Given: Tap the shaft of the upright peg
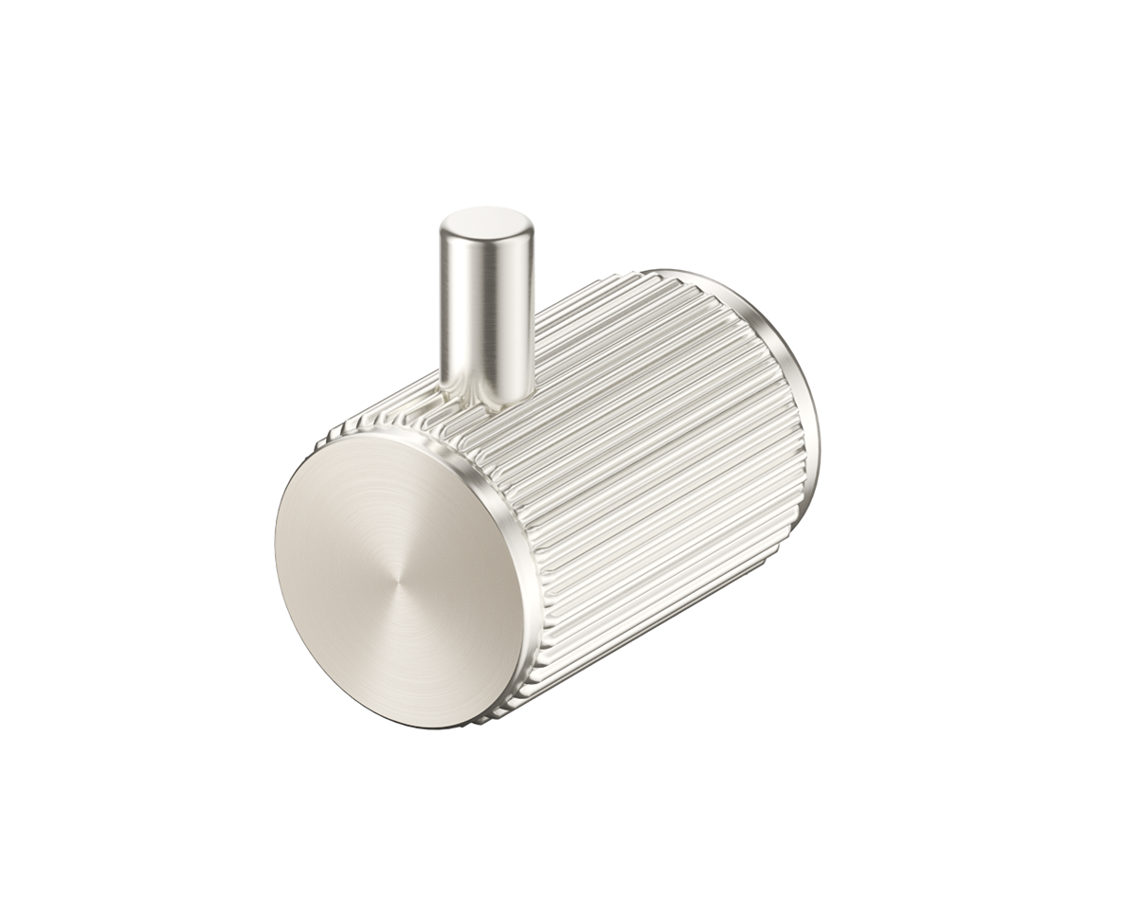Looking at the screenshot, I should (x=487, y=303).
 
